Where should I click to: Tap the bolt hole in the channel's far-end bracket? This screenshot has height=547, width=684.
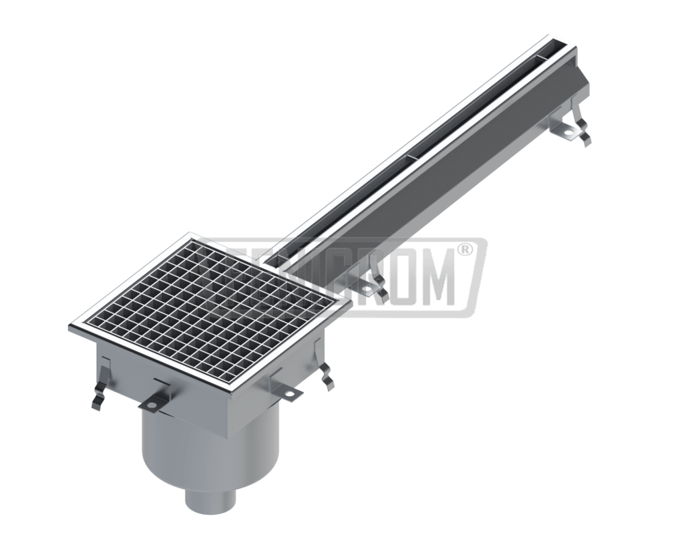pos(568,132)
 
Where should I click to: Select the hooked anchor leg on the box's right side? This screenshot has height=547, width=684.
pos(326,378)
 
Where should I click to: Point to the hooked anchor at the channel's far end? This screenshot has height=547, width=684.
pos(584,134)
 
